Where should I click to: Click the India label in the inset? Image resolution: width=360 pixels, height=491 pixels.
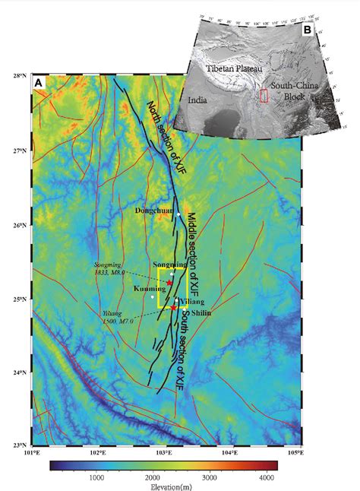tap(197, 98)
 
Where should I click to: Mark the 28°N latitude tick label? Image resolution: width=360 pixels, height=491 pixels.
tap(21, 76)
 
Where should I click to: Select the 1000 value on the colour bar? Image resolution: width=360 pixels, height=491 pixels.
tap(96, 477)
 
